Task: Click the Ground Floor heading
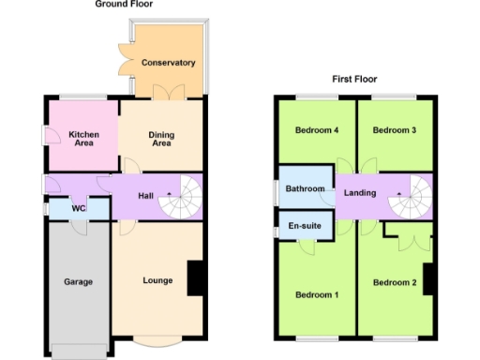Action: (125, 5)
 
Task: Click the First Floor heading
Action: (354, 80)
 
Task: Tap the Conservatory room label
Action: (168, 63)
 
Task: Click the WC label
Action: (64, 208)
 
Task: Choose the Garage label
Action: (77, 280)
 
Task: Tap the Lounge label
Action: (157, 280)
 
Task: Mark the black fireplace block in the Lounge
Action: (196, 279)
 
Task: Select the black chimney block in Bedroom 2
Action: (428, 279)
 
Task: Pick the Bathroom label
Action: (306, 189)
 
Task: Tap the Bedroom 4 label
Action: (317, 130)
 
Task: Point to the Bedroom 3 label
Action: (394, 130)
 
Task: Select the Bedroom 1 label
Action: (317, 295)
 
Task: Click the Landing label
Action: (360, 193)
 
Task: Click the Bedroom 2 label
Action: (394, 282)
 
